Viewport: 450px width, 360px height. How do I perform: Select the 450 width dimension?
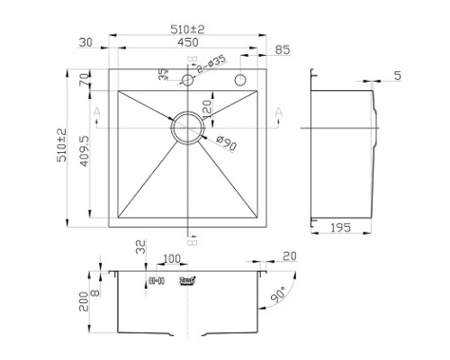[188, 42]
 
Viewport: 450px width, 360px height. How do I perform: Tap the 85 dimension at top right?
[283, 49]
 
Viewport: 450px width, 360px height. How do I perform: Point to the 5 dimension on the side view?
[397, 76]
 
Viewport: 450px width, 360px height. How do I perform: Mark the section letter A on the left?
[96, 111]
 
